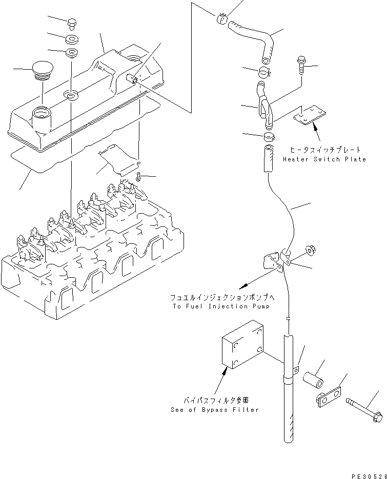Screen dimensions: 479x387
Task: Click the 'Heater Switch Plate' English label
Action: [324, 159]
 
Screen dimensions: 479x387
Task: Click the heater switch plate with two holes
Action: [310, 117]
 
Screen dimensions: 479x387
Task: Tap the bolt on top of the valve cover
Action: [72, 23]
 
